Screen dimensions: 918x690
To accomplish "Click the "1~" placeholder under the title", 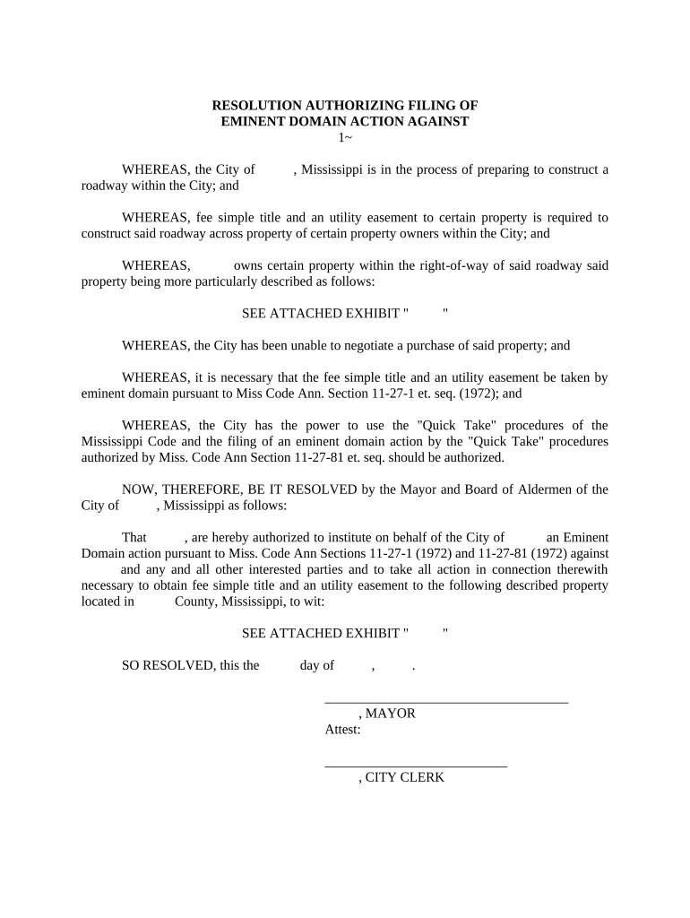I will pos(345,137).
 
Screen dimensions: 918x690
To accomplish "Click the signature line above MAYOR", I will pos(445,701).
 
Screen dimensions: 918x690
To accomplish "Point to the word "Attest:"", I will pos(342,730).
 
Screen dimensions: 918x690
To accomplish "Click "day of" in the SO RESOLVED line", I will pos(317,665).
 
